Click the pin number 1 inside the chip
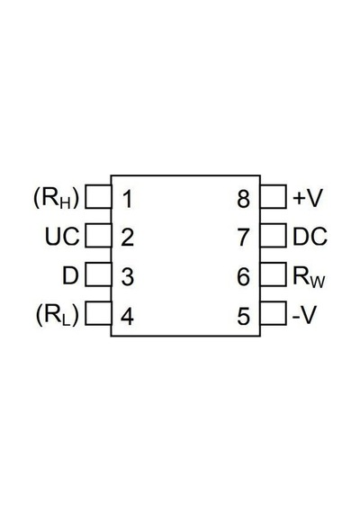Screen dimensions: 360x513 [128, 199]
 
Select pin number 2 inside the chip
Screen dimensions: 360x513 [127, 238]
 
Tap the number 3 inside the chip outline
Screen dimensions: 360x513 [127, 277]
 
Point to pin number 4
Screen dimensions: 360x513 [127, 317]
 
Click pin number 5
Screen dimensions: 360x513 [244, 317]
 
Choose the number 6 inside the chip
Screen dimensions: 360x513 [244, 277]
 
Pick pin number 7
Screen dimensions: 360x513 [244, 238]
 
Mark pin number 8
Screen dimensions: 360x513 [244, 199]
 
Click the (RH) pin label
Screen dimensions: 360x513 [57, 199]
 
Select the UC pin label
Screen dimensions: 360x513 [62, 237]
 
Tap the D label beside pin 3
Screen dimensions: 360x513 [70, 275]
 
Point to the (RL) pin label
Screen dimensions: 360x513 [58, 315]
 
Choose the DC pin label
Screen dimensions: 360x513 [310, 237]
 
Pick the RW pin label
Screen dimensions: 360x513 [309, 277]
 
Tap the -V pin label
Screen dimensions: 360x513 [303, 315]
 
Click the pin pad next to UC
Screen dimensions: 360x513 [98, 236]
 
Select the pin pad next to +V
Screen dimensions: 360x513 [274, 196]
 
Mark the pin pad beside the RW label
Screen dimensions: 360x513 [274, 274]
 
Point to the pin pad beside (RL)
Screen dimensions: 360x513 [98, 313]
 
